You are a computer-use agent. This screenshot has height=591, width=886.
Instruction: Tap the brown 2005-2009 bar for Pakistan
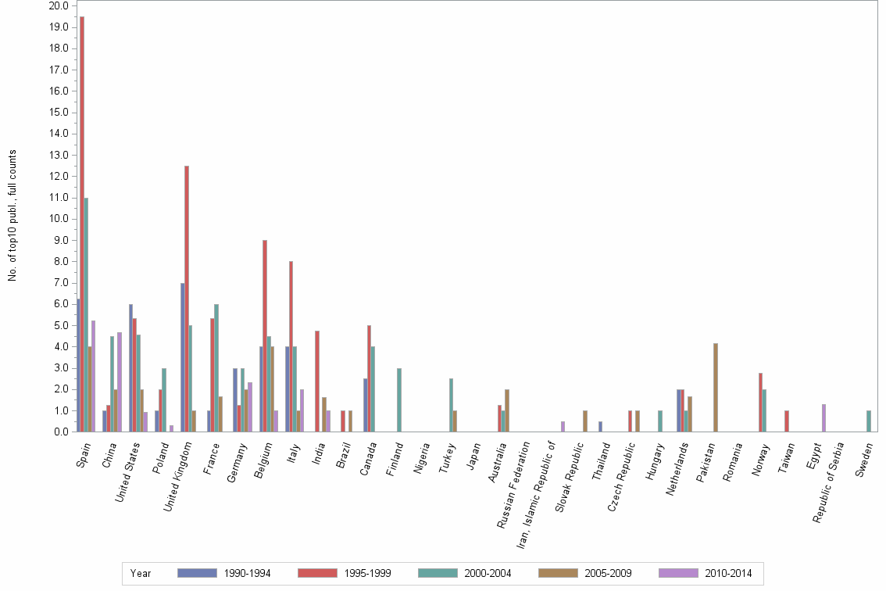pos(716,387)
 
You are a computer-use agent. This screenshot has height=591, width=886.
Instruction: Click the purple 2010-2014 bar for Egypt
pos(823,417)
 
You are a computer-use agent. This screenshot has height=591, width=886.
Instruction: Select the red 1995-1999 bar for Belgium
pos(265,335)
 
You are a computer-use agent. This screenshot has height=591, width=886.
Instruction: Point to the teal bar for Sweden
pos(869,421)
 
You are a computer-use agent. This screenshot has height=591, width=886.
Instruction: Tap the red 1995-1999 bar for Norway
pos(760,402)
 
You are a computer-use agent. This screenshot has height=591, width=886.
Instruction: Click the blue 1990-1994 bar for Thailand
pos(601,426)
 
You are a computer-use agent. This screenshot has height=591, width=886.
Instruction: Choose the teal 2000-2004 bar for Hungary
pos(660,421)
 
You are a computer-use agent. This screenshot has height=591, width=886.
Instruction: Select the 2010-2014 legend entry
pos(705,573)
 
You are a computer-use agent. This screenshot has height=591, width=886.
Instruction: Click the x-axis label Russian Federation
pos(515,485)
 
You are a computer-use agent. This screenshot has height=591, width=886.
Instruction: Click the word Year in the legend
pos(141,573)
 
